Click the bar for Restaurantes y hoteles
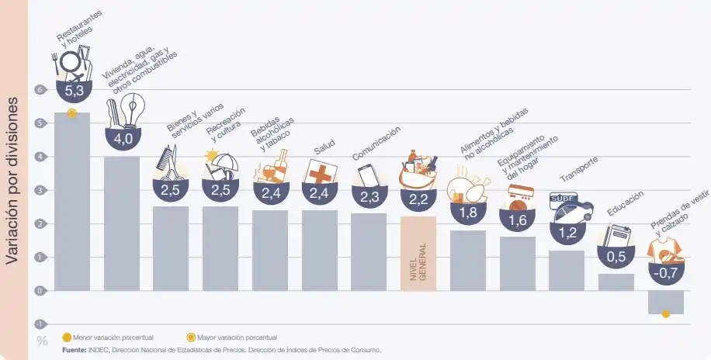(71, 202)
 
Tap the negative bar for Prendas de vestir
(666, 301)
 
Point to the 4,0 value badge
(123, 139)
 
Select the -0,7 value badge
(666, 273)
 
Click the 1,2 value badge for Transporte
(567, 230)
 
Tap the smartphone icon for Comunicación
(367, 175)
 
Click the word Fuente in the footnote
(75, 351)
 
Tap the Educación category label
(626, 209)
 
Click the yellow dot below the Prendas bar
(666, 314)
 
